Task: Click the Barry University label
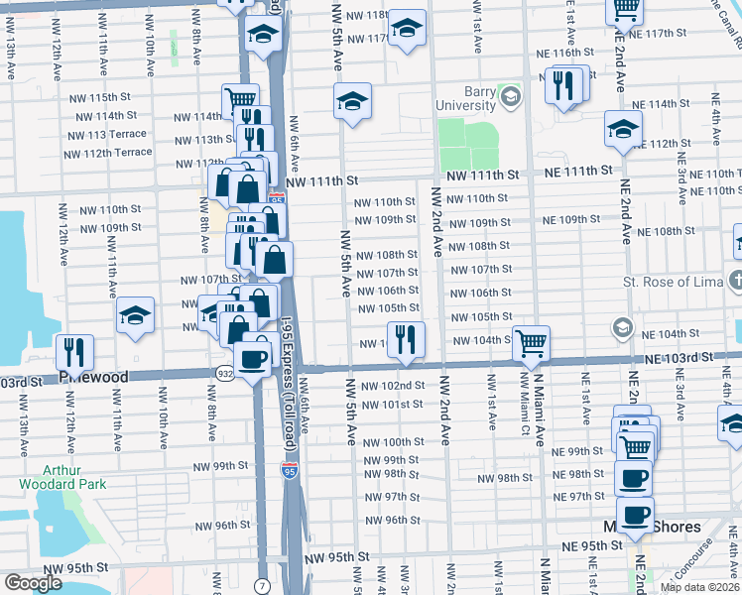tap(466, 98)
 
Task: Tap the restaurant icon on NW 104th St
tap(406, 341)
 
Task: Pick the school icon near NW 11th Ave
tap(136, 316)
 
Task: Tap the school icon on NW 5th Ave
tap(352, 101)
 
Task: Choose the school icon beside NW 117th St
tap(407, 29)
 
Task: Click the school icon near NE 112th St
tap(623, 130)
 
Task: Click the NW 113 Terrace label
tap(104, 135)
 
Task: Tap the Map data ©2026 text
tap(699, 587)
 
